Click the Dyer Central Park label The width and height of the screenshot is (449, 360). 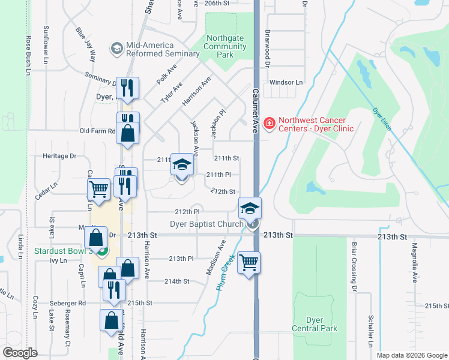[x=315, y=324]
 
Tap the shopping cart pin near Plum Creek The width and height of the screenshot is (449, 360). [x=249, y=262]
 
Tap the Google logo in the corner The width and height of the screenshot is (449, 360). [x=20, y=353]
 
